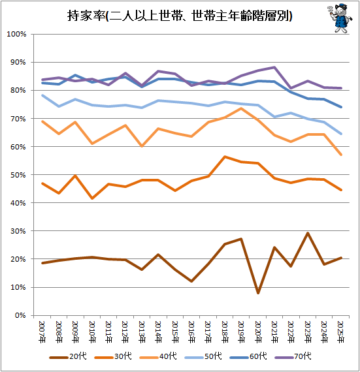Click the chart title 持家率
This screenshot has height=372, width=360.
click(86, 16)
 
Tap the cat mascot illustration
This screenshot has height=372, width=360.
click(340, 18)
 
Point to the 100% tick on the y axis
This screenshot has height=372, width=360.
click(16, 34)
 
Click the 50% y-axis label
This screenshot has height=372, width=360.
click(18, 175)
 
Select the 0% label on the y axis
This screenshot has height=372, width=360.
click(20, 315)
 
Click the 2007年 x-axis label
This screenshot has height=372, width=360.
click(42, 332)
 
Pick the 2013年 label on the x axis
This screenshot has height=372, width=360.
click(142, 332)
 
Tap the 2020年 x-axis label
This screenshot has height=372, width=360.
click(258, 332)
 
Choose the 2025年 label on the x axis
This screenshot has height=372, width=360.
click(341, 332)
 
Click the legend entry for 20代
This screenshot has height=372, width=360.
click(68, 356)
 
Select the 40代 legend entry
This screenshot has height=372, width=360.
click(158, 356)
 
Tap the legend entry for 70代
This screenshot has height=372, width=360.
click(293, 356)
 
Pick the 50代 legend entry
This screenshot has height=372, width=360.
click(203, 356)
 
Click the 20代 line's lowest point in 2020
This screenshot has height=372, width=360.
click(258, 293)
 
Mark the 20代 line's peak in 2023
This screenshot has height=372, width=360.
click(308, 233)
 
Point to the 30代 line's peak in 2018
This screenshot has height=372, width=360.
click(225, 157)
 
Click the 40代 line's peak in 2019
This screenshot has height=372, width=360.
click(241, 108)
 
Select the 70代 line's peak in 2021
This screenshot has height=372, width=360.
click(274, 67)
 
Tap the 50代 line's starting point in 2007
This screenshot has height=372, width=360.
click(42, 95)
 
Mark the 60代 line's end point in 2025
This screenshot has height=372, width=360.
click(341, 107)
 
